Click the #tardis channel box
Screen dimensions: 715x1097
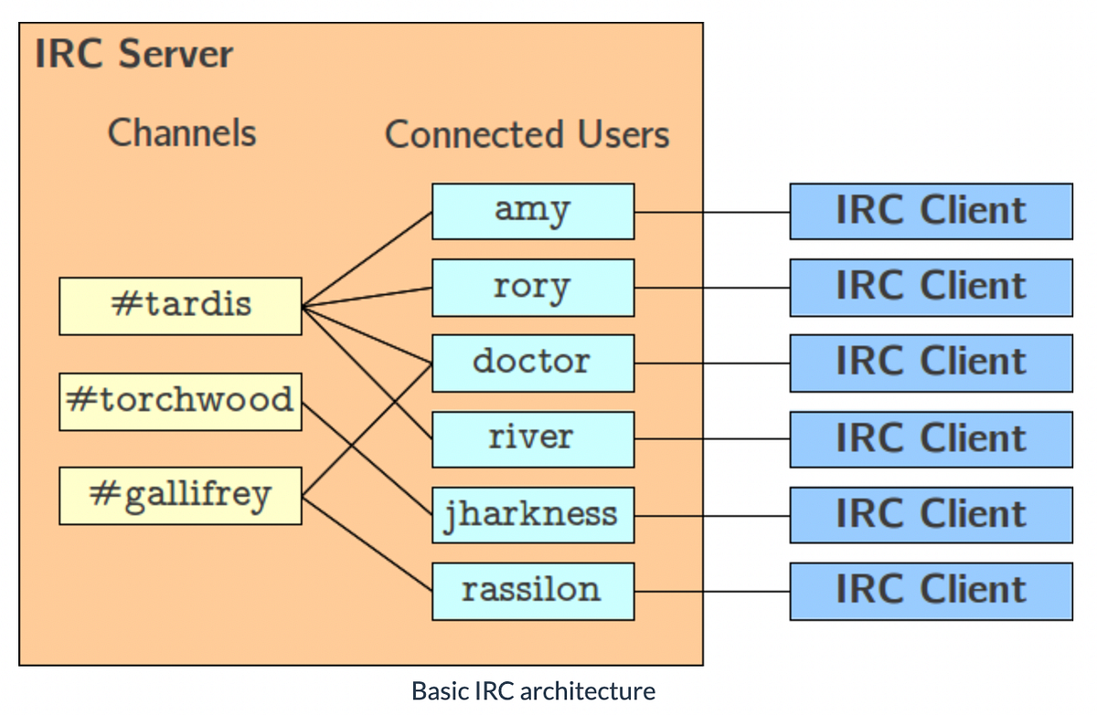(180, 306)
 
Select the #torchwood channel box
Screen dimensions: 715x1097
(180, 401)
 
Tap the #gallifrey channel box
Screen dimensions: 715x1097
(180, 496)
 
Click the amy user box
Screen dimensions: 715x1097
(532, 211)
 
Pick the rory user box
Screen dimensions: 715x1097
(532, 288)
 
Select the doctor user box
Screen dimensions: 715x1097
(532, 363)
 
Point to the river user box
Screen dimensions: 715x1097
(532, 438)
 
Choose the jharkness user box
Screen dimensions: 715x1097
(532, 515)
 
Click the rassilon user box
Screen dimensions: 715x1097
(532, 591)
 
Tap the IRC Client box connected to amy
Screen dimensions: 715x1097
(931, 211)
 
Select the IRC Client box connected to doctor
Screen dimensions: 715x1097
(931, 363)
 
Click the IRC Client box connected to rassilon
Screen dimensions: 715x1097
(931, 591)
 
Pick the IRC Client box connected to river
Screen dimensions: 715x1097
(931, 438)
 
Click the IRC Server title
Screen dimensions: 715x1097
(134, 55)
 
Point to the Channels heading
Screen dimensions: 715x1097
(182, 133)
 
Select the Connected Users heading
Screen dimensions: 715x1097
(527, 135)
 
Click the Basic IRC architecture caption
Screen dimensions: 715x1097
(533, 691)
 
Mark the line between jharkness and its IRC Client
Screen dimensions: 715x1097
(711, 515)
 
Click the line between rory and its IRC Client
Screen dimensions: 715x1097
(711, 288)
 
